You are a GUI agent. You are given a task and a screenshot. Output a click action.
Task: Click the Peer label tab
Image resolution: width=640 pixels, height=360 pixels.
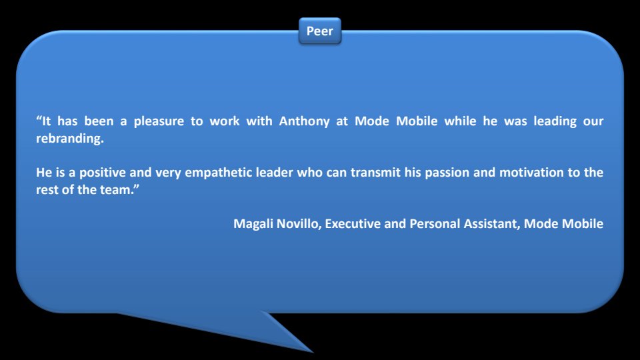[x=319, y=31]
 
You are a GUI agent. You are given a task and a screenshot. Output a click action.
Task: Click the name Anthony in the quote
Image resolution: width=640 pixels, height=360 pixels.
[x=304, y=121]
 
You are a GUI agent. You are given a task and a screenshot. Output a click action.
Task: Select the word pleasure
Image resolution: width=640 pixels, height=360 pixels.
[x=159, y=122]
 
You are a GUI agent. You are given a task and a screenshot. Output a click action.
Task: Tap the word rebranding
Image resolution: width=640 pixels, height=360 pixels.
[x=70, y=139]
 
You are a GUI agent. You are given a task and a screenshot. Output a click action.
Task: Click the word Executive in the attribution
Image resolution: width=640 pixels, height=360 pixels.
[x=353, y=224]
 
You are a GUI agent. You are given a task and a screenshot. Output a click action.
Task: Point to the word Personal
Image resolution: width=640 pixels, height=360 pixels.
[x=435, y=224]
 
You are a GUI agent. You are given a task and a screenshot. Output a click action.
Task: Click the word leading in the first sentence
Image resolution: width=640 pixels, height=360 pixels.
[x=555, y=122]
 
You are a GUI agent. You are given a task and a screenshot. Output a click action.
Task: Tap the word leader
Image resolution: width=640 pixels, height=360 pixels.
[x=274, y=173]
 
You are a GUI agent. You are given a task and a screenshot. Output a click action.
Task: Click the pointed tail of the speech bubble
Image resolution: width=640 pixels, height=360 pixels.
[x=312, y=352]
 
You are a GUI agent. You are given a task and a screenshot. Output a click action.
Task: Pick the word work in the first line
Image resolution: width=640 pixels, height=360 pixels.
[x=225, y=121]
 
